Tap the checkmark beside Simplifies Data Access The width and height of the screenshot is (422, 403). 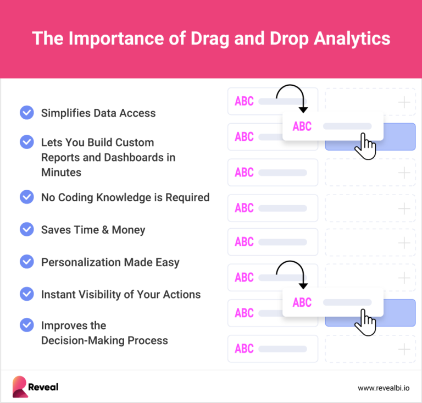click(26, 113)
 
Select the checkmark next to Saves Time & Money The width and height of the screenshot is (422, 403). click(26, 229)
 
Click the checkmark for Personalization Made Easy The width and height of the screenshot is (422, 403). click(26, 262)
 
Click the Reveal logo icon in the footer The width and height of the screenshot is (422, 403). click(20, 387)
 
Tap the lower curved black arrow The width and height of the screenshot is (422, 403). click(291, 273)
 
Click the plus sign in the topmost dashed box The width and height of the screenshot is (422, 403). click(404, 102)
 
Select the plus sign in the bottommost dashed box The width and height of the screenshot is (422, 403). click(404, 349)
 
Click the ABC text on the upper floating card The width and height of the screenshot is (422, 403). click(302, 126)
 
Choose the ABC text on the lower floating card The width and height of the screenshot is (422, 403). click(302, 302)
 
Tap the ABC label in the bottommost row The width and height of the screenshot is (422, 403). click(244, 349)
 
